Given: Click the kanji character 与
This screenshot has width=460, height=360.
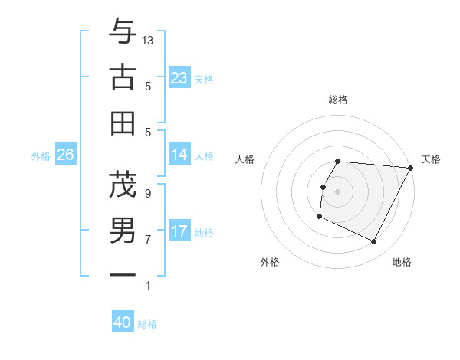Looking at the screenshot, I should [x=123, y=33].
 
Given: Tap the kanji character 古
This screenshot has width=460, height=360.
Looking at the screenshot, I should [x=123, y=77].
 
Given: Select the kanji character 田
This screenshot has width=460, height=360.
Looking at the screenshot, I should [x=123, y=122].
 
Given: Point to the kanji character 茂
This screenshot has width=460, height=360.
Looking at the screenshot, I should [x=123, y=184].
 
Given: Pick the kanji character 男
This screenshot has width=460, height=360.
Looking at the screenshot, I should [x=123, y=229].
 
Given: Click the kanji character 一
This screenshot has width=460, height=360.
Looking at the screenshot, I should [x=123, y=273].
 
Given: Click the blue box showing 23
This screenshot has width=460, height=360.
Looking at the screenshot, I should [x=179, y=78].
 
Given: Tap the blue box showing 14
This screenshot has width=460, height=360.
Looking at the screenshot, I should [x=179, y=155].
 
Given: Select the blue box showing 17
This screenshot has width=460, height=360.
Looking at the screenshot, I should [x=179, y=231].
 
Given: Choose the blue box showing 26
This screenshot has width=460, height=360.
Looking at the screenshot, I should [x=66, y=155].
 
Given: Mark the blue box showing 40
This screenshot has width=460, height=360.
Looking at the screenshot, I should [x=123, y=322].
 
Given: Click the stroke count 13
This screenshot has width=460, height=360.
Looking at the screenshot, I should [x=149, y=40].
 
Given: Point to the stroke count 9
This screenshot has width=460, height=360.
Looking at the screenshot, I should [x=148, y=193].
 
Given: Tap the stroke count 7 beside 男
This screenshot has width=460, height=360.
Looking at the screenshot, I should [x=148, y=239].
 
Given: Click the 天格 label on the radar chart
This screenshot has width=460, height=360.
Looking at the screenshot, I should [x=431, y=159].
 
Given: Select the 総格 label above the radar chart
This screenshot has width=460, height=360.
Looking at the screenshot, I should [x=338, y=100].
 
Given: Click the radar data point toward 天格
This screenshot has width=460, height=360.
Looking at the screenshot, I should [x=412, y=168].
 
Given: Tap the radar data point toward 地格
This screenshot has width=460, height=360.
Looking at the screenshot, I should [x=374, y=242].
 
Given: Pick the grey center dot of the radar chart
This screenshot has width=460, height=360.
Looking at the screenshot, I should [x=338, y=191].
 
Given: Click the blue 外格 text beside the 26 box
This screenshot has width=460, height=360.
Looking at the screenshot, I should [x=41, y=156].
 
